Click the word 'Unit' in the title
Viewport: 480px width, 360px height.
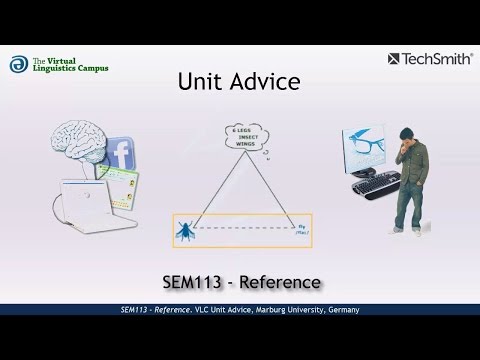tap(198, 81)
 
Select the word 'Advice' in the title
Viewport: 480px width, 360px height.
tap(262, 81)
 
